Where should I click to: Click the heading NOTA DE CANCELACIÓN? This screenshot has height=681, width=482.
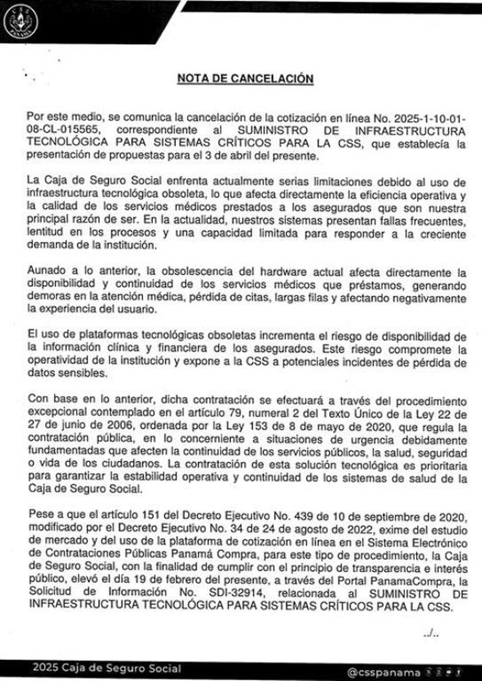tap(245, 78)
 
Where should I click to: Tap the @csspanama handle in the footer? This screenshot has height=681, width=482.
tap(384, 673)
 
